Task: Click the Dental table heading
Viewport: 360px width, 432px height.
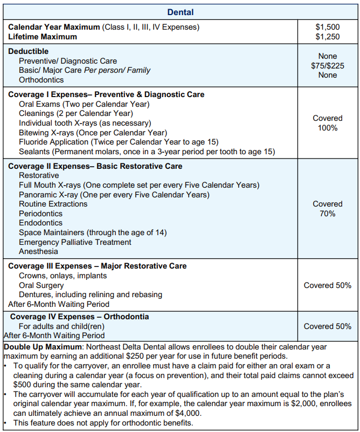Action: [180, 12]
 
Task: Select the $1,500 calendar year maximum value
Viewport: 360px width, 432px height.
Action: [327, 27]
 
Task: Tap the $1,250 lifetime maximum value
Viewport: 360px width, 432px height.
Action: [327, 37]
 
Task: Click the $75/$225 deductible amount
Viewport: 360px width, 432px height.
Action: [327, 66]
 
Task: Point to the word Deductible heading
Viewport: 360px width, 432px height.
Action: [28, 52]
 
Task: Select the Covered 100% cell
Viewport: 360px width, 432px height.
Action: [327, 123]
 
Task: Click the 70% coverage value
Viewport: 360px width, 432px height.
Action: [327, 214]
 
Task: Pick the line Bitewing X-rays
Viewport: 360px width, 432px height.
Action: [93, 133]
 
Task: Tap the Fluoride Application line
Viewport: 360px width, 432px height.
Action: [118, 142]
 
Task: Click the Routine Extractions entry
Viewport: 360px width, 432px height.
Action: [53, 204]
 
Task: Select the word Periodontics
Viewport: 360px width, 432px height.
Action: [41, 214]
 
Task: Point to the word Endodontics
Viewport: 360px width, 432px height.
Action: [40, 223]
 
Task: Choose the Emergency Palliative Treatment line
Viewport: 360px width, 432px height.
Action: [75, 242]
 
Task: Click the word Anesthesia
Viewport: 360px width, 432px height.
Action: [38, 251]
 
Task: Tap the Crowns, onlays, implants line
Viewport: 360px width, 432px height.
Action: [63, 276]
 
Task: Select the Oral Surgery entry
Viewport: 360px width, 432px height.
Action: [41, 285]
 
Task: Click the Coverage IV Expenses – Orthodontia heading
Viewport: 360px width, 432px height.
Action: [79, 317]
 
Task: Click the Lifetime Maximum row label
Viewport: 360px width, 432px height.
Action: [43, 37]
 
